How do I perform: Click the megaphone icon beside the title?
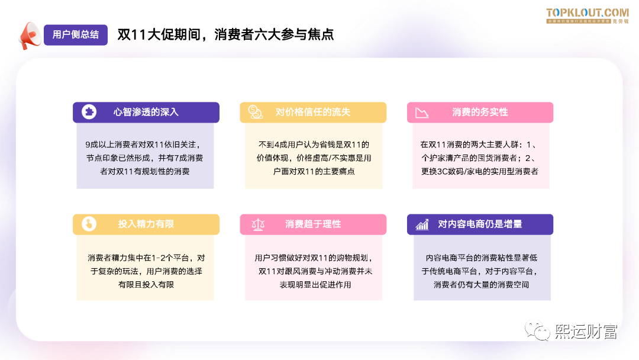(x=29, y=35)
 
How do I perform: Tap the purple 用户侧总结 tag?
(x=76, y=34)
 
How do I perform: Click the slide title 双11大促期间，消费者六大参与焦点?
(x=225, y=34)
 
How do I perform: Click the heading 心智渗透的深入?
(x=146, y=112)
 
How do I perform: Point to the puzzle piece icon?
(x=88, y=112)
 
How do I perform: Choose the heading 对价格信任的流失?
(x=313, y=112)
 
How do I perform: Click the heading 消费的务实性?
(x=480, y=112)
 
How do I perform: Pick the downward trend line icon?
(x=422, y=112)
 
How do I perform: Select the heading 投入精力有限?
(x=146, y=224)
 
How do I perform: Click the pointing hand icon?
(x=88, y=224)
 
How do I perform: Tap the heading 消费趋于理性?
(x=313, y=224)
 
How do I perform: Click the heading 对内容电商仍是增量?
(x=480, y=224)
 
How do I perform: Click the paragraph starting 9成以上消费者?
(x=145, y=157)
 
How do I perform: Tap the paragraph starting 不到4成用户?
(x=314, y=157)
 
